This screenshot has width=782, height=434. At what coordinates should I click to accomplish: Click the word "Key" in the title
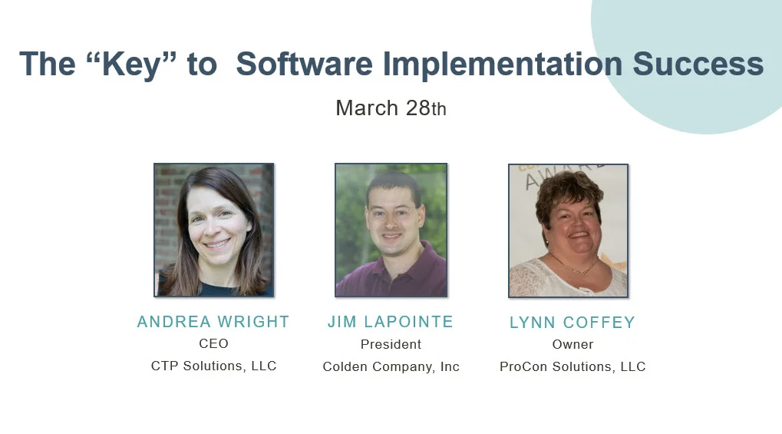coord(131,65)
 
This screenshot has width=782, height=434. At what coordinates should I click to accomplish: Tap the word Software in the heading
coord(304,64)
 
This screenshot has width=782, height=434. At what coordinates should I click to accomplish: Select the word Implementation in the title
coord(503,65)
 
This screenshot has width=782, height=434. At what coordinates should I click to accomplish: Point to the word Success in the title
coord(698,64)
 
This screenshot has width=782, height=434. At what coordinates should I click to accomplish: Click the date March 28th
coord(391,108)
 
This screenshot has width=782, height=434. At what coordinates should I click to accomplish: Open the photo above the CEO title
coord(214,230)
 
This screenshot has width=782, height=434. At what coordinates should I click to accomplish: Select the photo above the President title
coord(391,230)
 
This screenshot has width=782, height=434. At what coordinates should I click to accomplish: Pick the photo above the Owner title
coord(568,230)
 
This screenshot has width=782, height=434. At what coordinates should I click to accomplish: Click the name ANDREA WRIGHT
coord(213,322)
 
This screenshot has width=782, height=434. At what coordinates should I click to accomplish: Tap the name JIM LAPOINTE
coord(391,322)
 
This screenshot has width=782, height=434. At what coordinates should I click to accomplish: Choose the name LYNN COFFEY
coord(572,323)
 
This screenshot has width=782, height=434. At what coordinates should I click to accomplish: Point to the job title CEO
coord(213,343)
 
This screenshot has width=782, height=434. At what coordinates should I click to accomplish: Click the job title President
coord(391,344)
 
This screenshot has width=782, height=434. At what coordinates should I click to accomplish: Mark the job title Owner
coord(572,344)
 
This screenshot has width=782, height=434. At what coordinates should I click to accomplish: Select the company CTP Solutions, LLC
coord(213,366)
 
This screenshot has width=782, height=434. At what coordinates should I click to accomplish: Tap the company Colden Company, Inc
coord(391,366)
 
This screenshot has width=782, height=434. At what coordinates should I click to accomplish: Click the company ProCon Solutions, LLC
coord(572,366)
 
